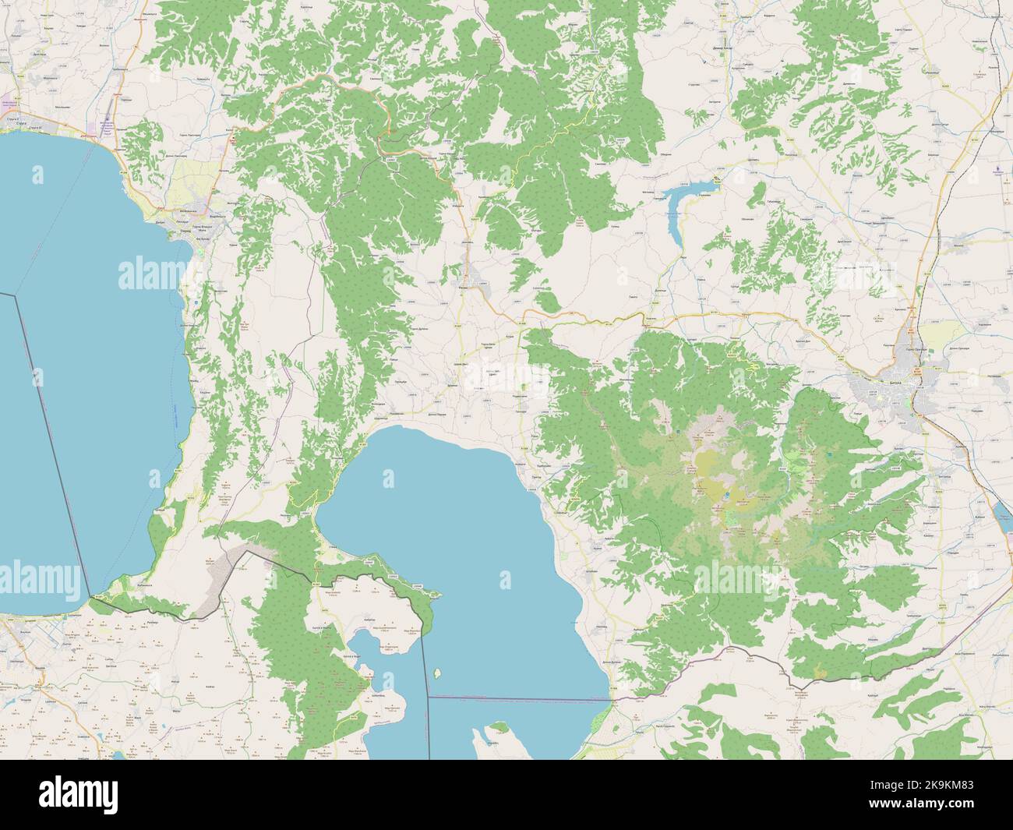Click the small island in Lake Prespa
click(439, 673)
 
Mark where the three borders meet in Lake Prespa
click(428, 696)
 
